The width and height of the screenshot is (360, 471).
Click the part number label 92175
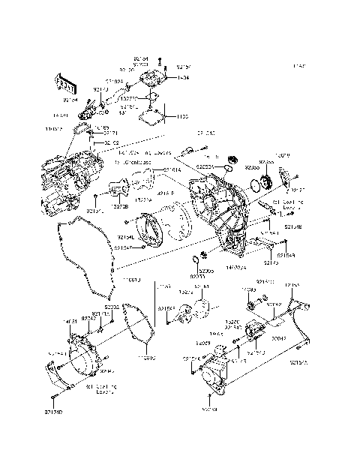[x=271, y=263]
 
